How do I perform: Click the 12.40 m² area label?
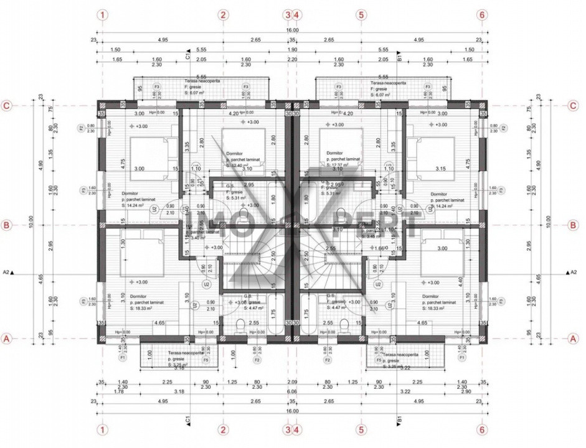click(242, 166)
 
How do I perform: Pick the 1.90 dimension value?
click(293, 49)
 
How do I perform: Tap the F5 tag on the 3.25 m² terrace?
click(206, 360)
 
